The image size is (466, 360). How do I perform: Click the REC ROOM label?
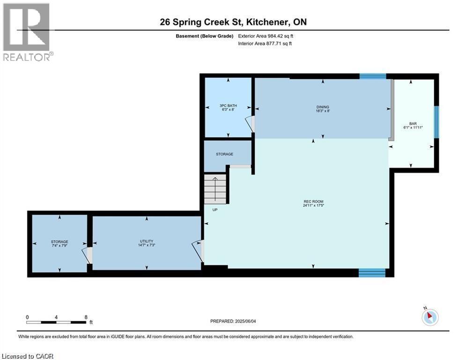coord(313,202)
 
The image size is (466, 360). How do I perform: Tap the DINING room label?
coord(323,107)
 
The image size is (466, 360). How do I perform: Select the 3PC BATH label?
coord(228,105)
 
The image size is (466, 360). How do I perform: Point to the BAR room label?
coord(413,123)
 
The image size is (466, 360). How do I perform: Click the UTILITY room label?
coord(147,241)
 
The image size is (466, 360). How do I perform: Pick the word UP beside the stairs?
coord(215,210)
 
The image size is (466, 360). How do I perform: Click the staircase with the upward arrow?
coord(215,189)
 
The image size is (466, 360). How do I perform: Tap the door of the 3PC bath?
coord(250,123)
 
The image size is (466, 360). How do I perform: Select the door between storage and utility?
coord(88,255)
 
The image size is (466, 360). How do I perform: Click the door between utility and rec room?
coord(198,251)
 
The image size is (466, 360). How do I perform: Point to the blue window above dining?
coord(373,76)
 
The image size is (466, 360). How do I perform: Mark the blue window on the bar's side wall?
coord(436,122)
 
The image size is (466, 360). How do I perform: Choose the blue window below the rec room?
coord(372,272)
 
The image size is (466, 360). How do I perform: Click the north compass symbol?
coord(430,316)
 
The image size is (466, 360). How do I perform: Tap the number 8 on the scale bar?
coord(86,317)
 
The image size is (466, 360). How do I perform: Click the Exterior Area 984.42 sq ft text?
coord(266,36)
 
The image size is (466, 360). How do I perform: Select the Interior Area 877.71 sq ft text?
coord(265,44)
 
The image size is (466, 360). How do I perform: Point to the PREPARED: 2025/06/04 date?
coord(233,321)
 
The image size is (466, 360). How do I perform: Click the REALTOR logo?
coord(28,32)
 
